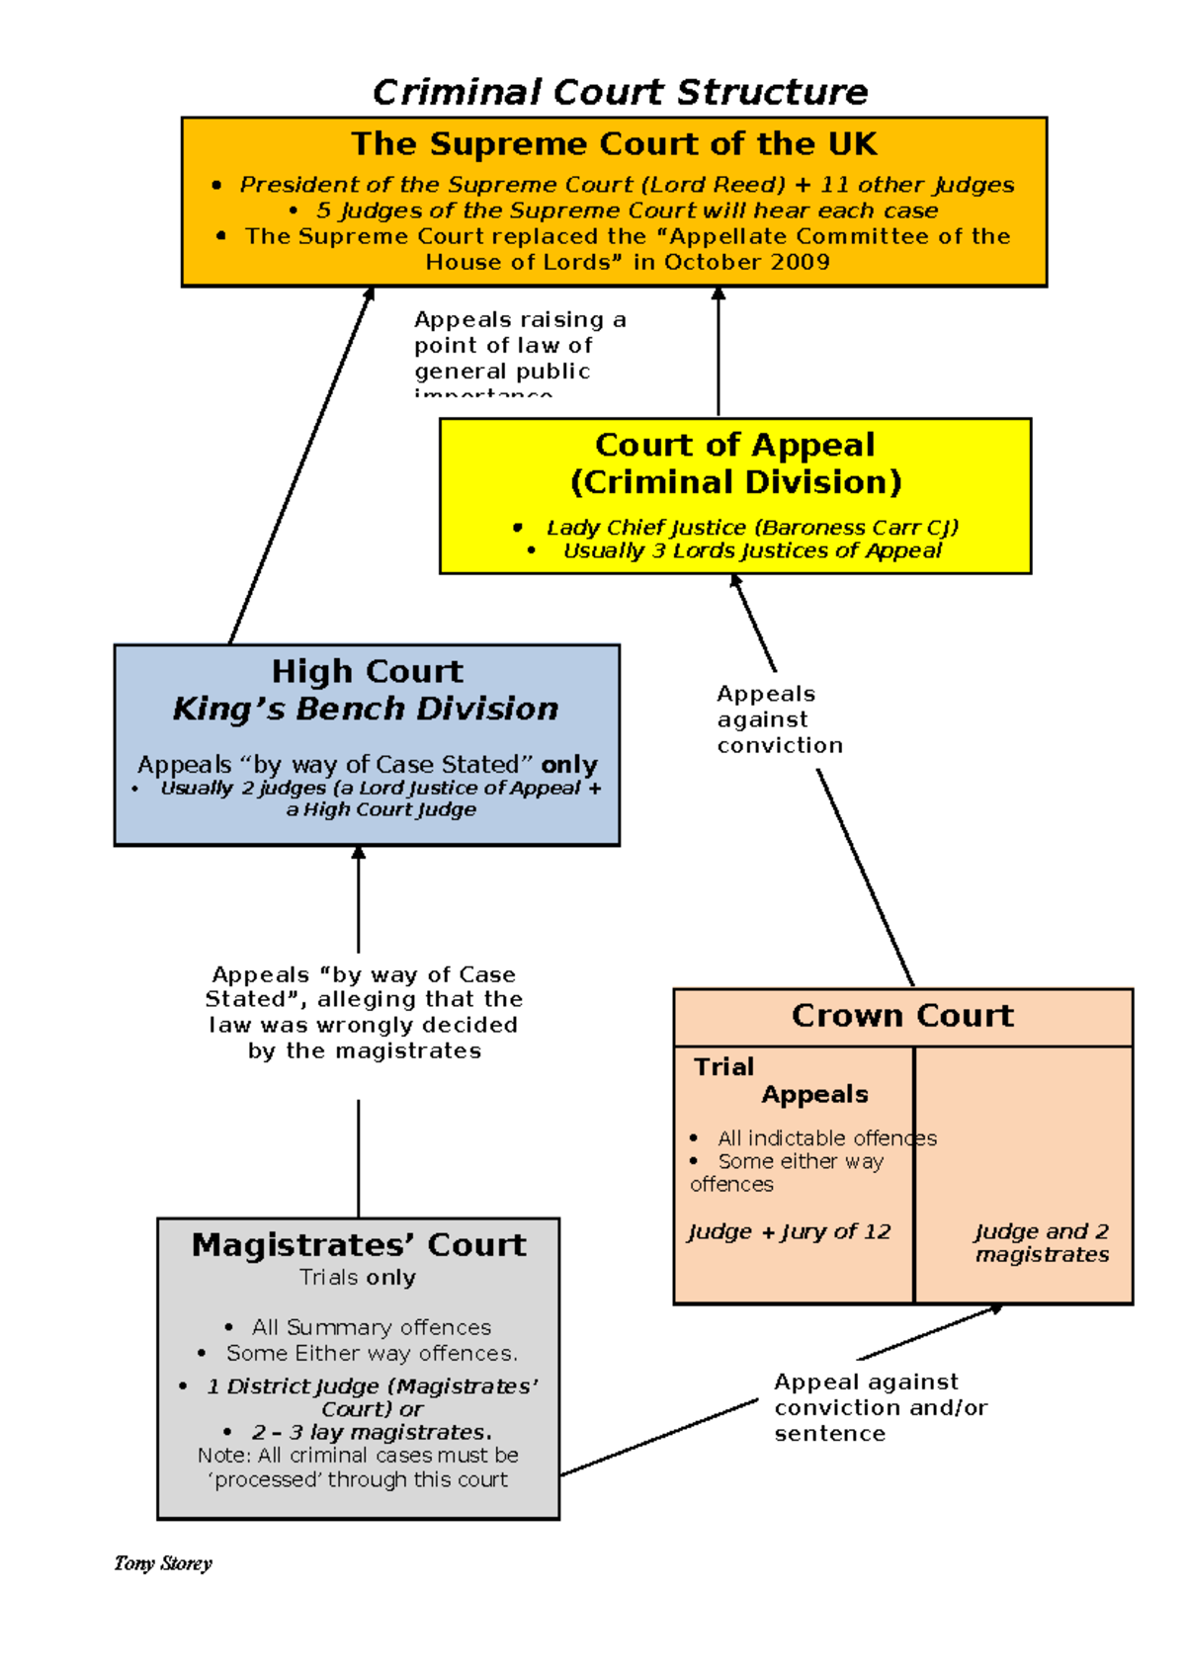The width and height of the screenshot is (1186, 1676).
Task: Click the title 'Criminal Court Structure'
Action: [x=620, y=92]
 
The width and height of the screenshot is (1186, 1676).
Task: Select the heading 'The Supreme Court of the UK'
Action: [x=614, y=144]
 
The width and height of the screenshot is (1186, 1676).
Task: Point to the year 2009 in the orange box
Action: [x=797, y=262]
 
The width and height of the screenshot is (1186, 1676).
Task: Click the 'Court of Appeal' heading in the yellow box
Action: [x=734, y=446]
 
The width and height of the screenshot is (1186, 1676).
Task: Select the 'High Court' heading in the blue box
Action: [x=367, y=672]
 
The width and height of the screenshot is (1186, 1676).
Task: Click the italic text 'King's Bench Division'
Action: [x=366, y=710]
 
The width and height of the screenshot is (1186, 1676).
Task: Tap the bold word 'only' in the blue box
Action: [x=569, y=765]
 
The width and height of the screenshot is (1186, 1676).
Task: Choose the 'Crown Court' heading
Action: [x=902, y=1016]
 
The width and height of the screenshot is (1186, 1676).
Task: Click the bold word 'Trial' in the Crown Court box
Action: [x=723, y=1067]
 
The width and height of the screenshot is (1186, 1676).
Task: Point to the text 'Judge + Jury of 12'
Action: [x=789, y=1232]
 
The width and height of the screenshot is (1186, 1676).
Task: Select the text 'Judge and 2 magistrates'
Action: [x=1042, y=1243]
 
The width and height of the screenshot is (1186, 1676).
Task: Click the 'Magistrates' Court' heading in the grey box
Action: [x=359, y=1245]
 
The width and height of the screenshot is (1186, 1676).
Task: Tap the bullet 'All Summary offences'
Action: [x=371, y=1327]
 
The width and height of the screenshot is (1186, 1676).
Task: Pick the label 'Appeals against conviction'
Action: [x=779, y=719]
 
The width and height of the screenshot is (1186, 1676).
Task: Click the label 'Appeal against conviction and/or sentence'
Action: [x=880, y=1407]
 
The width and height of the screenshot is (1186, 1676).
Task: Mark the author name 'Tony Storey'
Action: [x=163, y=1563]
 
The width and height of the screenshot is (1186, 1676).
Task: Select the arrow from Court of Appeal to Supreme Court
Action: [x=719, y=351]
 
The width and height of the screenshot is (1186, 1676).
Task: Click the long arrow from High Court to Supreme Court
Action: [x=299, y=466]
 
